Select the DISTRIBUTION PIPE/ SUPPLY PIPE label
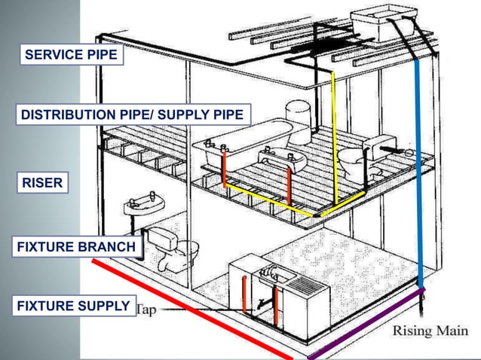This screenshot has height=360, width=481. click(x=132, y=114)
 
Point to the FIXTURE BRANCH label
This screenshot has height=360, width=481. click(x=76, y=246)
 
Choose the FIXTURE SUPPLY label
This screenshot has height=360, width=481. click(x=73, y=306)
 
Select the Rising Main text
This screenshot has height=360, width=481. click(x=430, y=331)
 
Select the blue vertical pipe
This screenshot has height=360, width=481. click(x=419, y=173)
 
